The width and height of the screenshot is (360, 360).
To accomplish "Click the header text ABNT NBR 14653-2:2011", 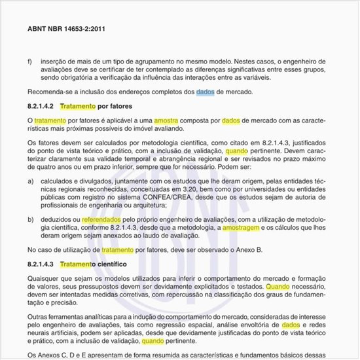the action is (67, 29).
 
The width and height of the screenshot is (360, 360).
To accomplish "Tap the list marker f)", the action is (30, 62).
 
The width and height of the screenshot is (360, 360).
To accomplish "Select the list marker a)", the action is (30, 179).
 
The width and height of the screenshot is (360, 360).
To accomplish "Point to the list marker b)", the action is (30, 221).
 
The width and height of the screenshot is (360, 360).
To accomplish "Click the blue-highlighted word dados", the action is (205, 92).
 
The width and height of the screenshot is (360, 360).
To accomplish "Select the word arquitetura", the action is (130, 204).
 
